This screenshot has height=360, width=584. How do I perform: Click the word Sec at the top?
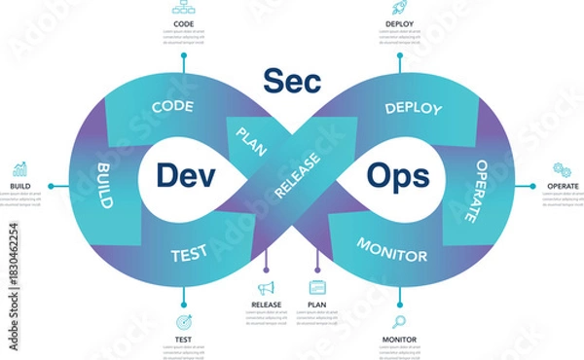291,81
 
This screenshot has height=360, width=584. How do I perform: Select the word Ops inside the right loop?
398,176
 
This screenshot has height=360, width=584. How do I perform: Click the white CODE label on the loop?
173,107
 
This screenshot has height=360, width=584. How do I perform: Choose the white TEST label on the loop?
189,255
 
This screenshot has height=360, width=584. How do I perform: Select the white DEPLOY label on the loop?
414,107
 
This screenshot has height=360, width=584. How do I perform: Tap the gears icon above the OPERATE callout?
562,170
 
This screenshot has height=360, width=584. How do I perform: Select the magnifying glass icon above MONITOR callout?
399,322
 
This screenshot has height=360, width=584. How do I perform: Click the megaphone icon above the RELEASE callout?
266,288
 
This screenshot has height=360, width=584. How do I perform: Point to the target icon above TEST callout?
183,322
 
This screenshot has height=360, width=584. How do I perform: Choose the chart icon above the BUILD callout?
20,170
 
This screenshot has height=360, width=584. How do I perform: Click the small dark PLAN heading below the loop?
316,305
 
